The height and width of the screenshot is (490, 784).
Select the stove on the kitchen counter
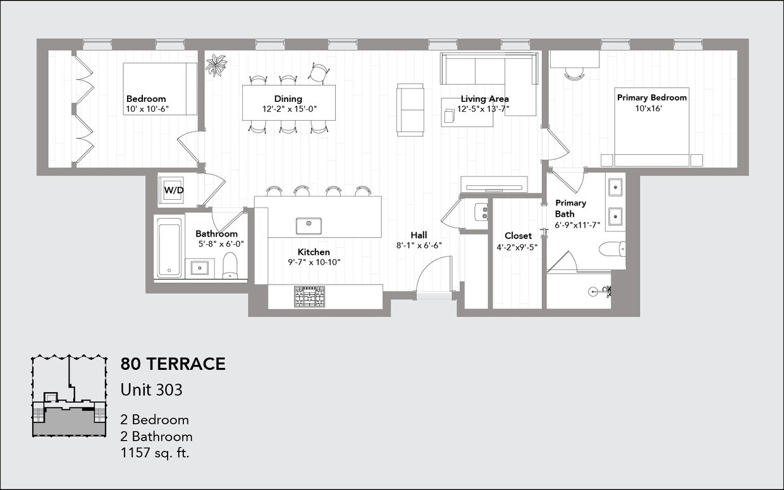tap(309, 296)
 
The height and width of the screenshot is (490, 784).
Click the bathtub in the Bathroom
tap(169, 247)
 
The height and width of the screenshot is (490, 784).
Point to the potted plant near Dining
tap(216, 64)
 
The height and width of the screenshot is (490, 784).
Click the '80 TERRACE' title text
tap(173, 364)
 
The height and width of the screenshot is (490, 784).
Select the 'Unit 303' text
tap(151, 389)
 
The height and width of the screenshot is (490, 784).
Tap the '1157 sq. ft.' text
tap(155, 453)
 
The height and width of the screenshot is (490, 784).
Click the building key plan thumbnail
tap(68, 395)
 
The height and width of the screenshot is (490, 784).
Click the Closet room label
tap(518, 236)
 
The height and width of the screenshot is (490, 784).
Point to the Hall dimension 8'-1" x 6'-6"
tap(419, 245)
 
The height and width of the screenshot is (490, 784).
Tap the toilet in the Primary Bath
tap(611, 248)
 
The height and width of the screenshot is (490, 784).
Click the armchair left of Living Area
tap(410, 109)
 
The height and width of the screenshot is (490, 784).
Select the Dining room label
tap(288, 99)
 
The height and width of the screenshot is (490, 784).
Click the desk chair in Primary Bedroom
tap(574, 74)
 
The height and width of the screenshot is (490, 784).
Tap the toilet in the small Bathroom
tap(230, 266)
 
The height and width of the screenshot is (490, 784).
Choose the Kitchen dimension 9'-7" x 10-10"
tap(314, 262)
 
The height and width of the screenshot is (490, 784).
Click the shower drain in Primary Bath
tap(593, 291)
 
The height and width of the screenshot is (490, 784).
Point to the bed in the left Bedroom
tap(159, 88)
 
